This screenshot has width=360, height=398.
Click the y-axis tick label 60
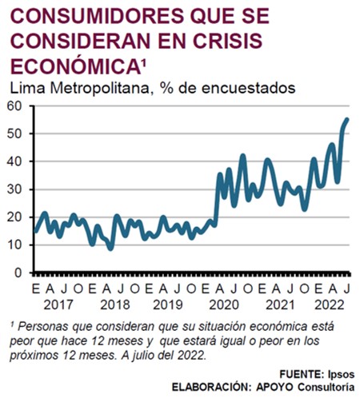pyautogui.click(x=14, y=106)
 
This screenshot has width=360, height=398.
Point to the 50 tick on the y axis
pyautogui.click(x=14, y=133)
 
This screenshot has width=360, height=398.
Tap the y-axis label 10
pyautogui.click(x=14, y=245)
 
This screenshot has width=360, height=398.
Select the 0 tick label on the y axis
pyautogui.click(x=18, y=273)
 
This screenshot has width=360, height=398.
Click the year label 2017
pyautogui.click(x=58, y=305)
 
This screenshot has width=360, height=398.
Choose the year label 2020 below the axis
pyautogui.click(x=224, y=305)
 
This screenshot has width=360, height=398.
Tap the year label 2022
pyautogui.click(x=330, y=305)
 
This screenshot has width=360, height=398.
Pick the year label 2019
pyautogui.click(x=168, y=305)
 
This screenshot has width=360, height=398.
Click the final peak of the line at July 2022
pyautogui.click(x=347, y=119)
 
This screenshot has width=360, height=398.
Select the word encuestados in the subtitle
pyautogui.click(x=248, y=88)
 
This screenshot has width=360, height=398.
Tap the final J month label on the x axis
pyautogui.click(x=346, y=289)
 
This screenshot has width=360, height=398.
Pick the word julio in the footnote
pyautogui.click(x=142, y=356)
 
